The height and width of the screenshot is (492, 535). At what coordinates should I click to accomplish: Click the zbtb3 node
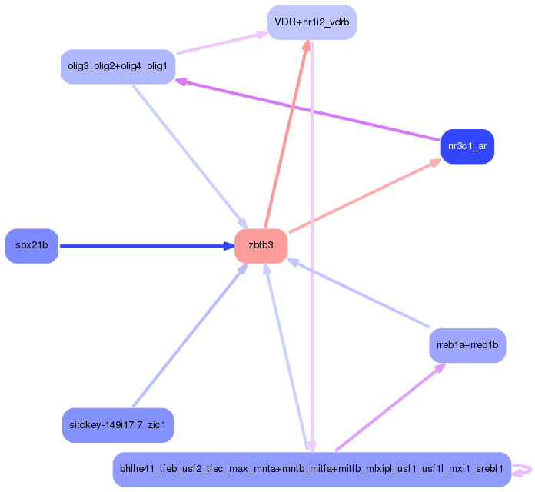[261, 246]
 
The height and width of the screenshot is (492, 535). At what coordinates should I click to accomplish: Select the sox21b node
[32, 246]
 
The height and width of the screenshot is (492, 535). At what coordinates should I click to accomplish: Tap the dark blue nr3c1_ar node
[467, 146]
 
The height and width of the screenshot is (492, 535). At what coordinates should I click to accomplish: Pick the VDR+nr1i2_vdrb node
[311, 22]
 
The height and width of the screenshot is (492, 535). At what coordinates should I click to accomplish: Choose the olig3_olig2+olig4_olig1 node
[118, 67]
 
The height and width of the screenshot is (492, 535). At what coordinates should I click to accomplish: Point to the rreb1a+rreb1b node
[467, 346]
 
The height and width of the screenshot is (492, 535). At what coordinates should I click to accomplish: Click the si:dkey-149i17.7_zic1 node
[118, 425]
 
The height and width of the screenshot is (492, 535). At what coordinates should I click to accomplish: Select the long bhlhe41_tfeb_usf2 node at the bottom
[311, 469]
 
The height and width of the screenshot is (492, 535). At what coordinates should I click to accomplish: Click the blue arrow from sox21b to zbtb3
[138, 246]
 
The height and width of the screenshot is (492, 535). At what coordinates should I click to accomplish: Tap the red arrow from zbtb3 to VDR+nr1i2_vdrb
[286, 135]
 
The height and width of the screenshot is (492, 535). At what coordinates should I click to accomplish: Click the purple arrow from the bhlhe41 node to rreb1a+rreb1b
[388, 407]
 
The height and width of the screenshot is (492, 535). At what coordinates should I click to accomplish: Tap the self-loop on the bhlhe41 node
[523, 469]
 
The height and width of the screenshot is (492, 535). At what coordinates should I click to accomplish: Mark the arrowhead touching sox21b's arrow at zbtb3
[229, 246]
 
